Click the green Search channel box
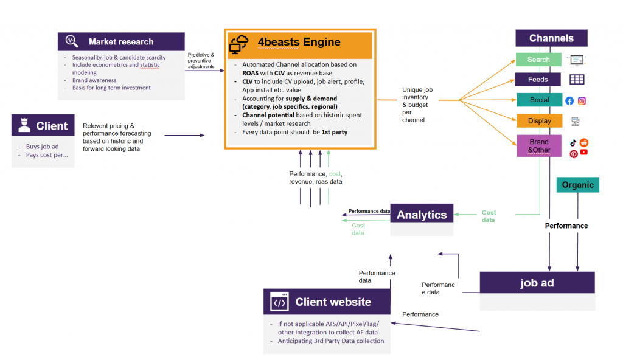pyautogui.click(x=538, y=60)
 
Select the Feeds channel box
pyautogui.click(x=538, y=80)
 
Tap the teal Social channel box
pyautogui.click(x=540, y=100)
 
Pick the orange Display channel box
pyautogui.click(x=540, y=121)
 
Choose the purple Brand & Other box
pyautogui.click(x=539, y=146)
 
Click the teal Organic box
pyautogui.click(x=578, y=185)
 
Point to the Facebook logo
pyautogui.click(x=569, y=101)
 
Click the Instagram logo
pyautogui.click(x=582, y=101)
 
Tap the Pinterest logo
pyautogui.click(x=574, y=154)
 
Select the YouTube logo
pyautogui.click(x=583, y=152)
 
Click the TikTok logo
pyautogui.click(x=573, y=143)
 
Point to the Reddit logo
pyautogui.click(x=583, y=143)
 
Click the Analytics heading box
pyautogui.click(x=422, y=215)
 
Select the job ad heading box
pyautogui.click(x=537, y=283)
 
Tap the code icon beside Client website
pyautogui.click(x=279, y=302)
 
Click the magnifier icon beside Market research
pyautogui.click(x=72, y=41)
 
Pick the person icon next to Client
pyautogui.click(x=24, y=125)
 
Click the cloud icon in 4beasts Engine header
pyautogui.click(x=238, y=44)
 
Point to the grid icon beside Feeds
pyautogui.click(x=577, y=80)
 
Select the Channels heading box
pyautogui.click(x=551, y=38)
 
